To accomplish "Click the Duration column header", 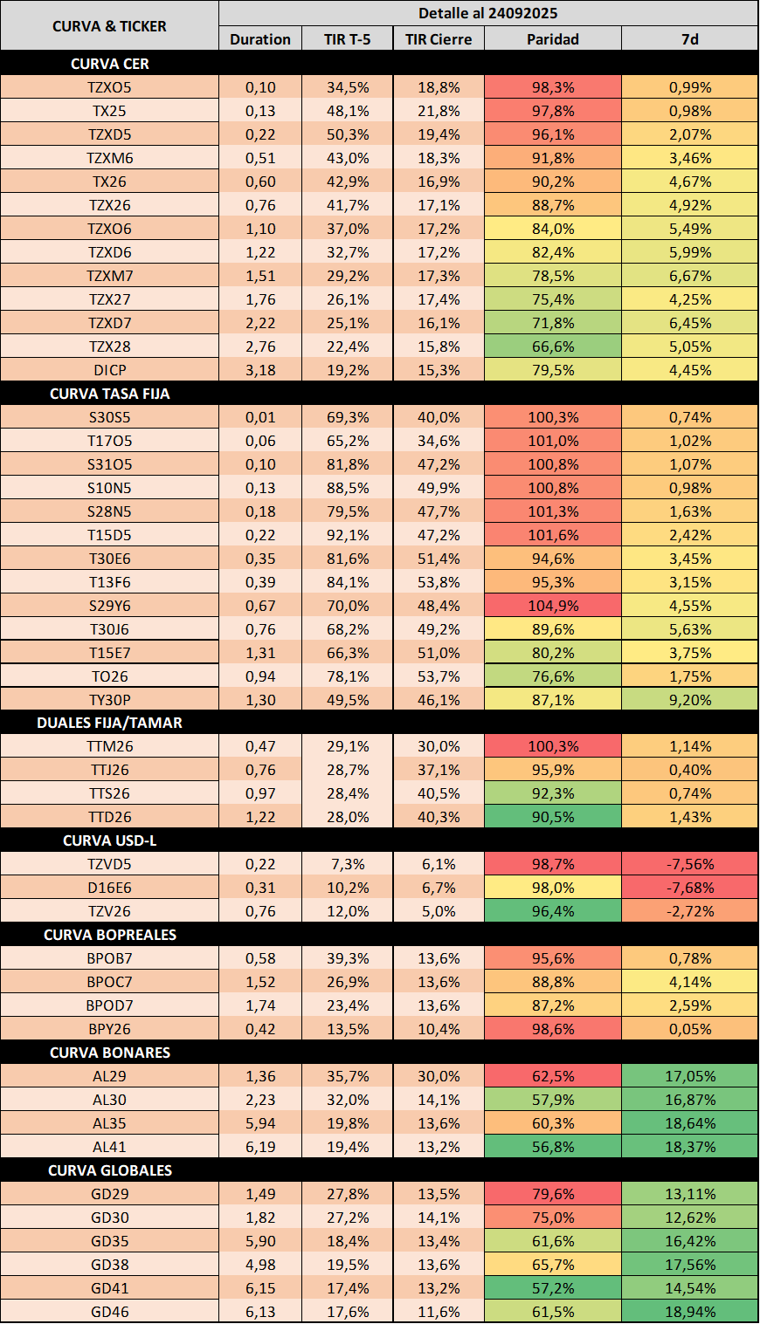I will pos(260,39).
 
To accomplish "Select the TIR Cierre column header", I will pos(439,39).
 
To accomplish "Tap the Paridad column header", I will pos(553,39).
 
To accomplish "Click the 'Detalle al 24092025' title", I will pos(487,13).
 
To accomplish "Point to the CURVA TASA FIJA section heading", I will pos(110,394).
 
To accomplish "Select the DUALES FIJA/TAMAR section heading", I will pos(110,724).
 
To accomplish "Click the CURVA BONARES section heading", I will pos(110,1053).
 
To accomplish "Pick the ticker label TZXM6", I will pos(110,158).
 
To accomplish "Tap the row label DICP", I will pos(110,370).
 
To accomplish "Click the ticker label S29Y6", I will pos(110,606).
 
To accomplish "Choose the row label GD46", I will pos(110,1312).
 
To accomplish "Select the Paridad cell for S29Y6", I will pos(553,606).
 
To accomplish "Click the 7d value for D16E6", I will pos(690,888).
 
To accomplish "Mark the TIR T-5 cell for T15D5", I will pos(347,535).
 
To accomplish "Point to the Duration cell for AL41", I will pos(260,1147).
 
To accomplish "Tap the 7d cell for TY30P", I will pos(690,700).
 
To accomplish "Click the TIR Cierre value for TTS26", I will pos(439,793).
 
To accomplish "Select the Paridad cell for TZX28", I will pos(553,346).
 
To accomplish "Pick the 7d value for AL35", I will pos(690,1123).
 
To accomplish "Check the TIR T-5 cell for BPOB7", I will pos(347,958).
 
